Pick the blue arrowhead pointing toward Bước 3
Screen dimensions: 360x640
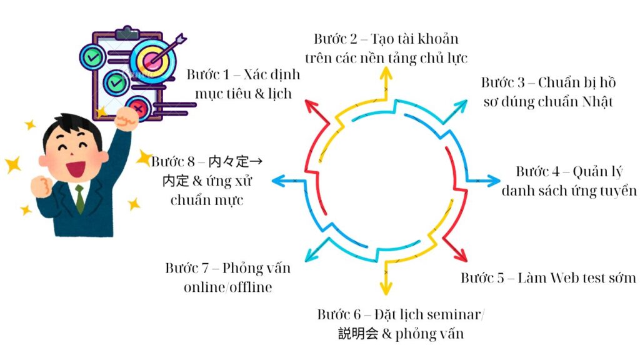click(x=462, y=103)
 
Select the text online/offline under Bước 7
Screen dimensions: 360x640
click(x=228, y=287)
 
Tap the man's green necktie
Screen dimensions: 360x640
click(x=80, y=198)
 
